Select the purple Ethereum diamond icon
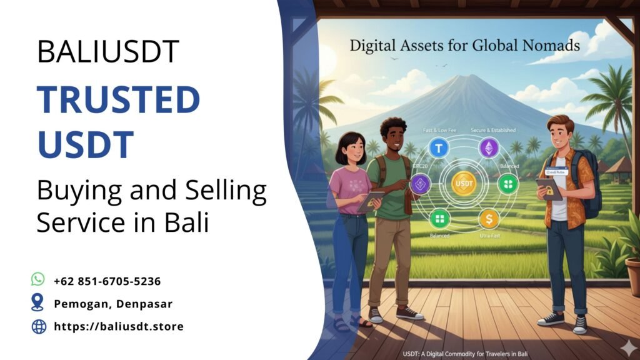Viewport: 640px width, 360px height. [x=488, y=148]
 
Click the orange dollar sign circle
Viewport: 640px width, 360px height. [x=488, y=219]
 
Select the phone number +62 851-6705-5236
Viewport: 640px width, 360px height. [x=107, y=281]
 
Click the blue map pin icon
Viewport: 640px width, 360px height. [x=39, y=303]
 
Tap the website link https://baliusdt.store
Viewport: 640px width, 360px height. [x=119, y=326]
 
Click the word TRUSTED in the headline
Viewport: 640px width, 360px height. [x=118, y=101]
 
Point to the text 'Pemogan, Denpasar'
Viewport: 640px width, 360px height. [x=113, y=304]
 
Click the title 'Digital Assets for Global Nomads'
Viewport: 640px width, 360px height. [x=464, y=45]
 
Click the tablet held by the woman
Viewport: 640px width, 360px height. [x=370, y=201]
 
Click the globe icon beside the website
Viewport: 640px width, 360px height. [x=39, y=326]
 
